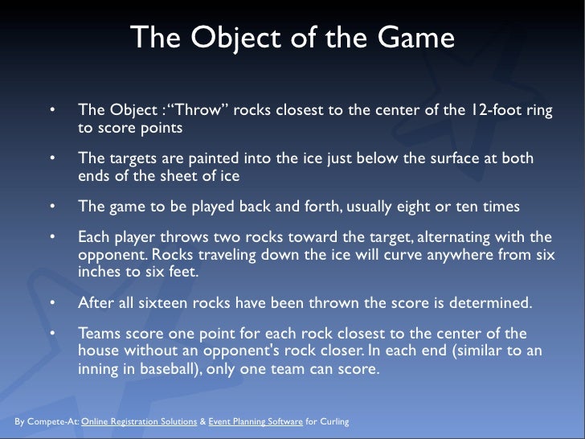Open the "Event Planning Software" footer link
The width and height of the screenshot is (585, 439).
[255, 421]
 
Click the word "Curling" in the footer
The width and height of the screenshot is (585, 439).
[333, 421]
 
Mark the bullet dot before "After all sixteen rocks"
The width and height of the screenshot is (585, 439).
[51, 303]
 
